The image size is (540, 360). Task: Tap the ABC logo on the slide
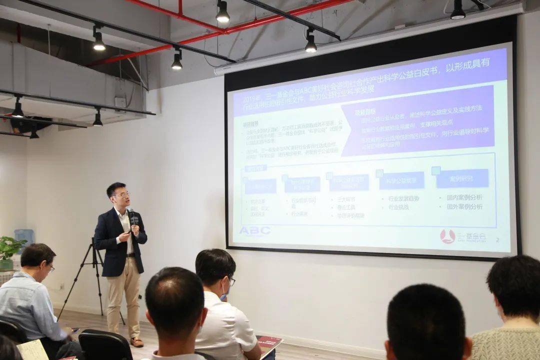click(254, 230)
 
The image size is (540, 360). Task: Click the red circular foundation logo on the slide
click(447, 236)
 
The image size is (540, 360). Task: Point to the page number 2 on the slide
click(497, 240)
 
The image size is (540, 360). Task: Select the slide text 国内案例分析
click(464, 198)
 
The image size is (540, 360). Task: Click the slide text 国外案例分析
click(464, 207)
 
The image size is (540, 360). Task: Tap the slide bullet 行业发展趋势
click(404, 198)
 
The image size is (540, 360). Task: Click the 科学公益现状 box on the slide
click(401, 180)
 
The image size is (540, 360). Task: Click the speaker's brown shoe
click(136, 342)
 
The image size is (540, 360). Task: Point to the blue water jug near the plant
click(23, 237)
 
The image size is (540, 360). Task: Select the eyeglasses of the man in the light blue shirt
click(50, 268)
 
